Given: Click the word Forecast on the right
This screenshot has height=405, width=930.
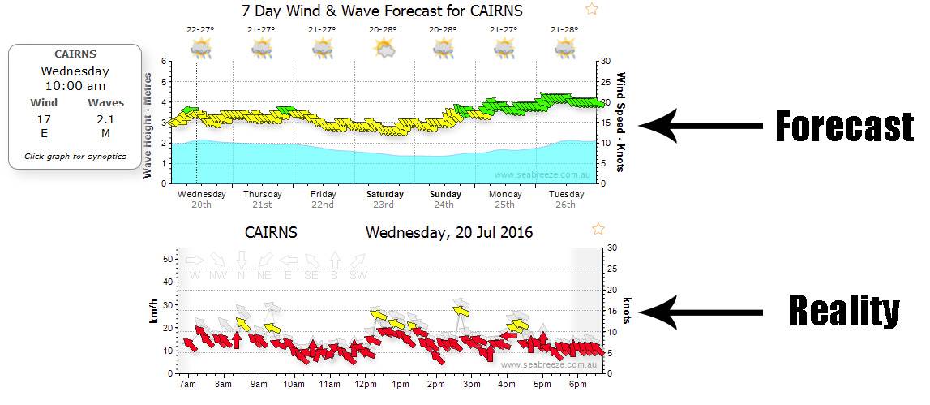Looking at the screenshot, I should pos(844,126).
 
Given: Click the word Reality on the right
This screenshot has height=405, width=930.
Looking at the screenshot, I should pos(844,311).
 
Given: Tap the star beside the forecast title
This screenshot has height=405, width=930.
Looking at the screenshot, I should pos(592,9).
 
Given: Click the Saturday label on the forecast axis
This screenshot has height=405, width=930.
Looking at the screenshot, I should pos(384,195).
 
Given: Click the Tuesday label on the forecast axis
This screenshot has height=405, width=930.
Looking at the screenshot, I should pos(566,195).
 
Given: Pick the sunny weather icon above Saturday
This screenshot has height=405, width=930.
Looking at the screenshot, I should pos(384,49).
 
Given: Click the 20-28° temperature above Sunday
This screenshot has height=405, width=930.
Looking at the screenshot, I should pos(443,29).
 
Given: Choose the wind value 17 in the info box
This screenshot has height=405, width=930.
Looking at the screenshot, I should pos(44,118).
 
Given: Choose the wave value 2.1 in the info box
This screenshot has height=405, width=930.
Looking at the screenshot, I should pos(105,118).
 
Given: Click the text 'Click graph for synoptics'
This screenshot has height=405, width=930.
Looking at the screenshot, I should pos(75,156).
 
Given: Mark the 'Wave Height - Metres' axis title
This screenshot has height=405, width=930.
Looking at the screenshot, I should pos(148,122).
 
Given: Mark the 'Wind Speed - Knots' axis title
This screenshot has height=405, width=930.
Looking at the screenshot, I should pos(622,122).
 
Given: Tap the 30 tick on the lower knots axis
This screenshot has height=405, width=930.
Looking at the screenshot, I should pos(614,248).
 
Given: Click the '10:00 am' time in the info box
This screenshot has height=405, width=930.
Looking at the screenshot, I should pos(75,85).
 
